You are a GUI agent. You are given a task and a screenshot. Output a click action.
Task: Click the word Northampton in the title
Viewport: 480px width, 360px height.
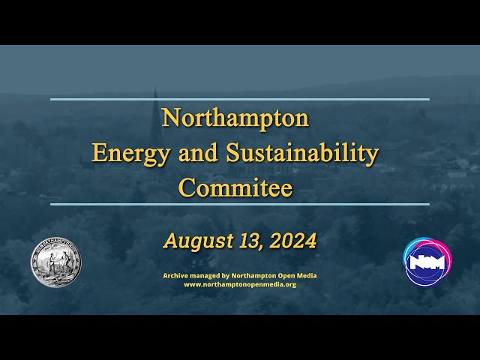coord(235,118)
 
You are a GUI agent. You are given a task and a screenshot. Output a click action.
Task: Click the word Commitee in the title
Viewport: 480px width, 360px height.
coord(235,187)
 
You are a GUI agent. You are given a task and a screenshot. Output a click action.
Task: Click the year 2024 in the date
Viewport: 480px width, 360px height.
coord(292,241)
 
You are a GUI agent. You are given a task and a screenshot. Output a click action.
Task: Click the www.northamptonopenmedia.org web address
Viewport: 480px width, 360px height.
coord(240,285)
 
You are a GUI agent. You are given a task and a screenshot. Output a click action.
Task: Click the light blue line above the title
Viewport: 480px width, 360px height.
coord(240,99)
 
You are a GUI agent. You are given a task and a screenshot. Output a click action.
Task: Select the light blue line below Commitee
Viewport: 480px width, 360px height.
coord(240,204)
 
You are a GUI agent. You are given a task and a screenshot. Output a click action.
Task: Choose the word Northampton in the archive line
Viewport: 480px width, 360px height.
coord(253,276)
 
